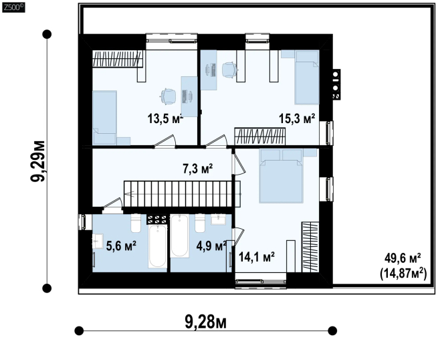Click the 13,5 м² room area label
click(x=165, y=119)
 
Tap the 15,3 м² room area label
click(x=297, y=118)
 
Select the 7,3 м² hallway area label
click(x=198, y=169)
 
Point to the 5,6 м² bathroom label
click(x=121, y=246)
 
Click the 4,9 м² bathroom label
click(x=211, y=246)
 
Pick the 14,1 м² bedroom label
click(x=257, y=256)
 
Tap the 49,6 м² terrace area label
click(x=403, y=258)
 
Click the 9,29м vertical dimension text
click(x=37, y=161)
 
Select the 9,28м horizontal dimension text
click(x=205, y=322)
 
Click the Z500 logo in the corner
click(x=13, y=7)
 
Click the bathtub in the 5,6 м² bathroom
click(x=158, y=246)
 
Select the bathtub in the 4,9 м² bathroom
click(x=180, y=236)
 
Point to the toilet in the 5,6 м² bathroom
click(x=136, y=223)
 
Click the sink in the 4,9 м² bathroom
click(x=219, y=219)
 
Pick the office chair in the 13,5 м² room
click(x=168, y=96)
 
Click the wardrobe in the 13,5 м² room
click(x=118, y=59)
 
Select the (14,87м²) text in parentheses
click(x=403, y=274)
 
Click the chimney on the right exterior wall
click(x=336, y=84)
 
